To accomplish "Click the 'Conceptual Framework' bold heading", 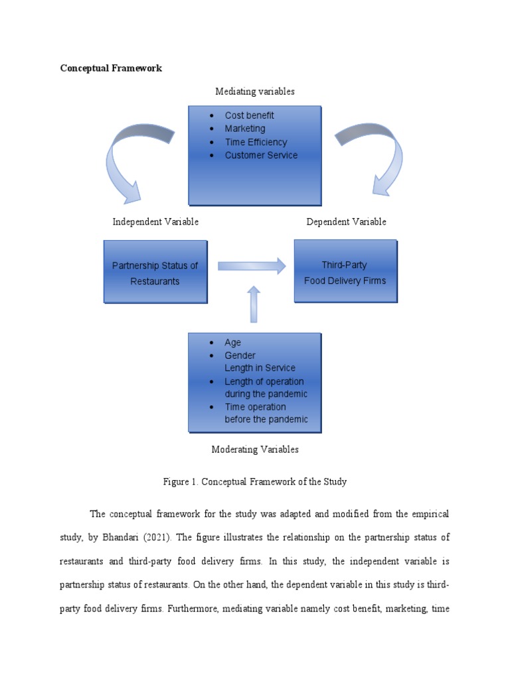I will [111, 68].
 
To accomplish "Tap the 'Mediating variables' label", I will [255, 92].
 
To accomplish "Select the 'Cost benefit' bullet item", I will [249, 115].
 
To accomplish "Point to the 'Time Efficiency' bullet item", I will [256, 142].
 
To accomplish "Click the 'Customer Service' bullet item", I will [261, 155].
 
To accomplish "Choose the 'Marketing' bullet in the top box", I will [244, 129].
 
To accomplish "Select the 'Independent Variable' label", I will [155, 221].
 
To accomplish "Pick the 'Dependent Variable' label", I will [346, 221].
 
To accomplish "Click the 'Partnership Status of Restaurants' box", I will [155, 273].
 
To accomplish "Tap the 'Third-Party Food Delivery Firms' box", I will [345, 272].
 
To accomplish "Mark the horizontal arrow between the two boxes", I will [252, 267].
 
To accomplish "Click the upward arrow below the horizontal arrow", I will [253, 304].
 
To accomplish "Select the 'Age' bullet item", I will [232, 343].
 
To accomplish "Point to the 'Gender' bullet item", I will [240, 355].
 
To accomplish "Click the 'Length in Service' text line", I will [260, 368].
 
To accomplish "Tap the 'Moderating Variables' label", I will [255, 450].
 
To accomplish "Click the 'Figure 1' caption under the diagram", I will [255, 482].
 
